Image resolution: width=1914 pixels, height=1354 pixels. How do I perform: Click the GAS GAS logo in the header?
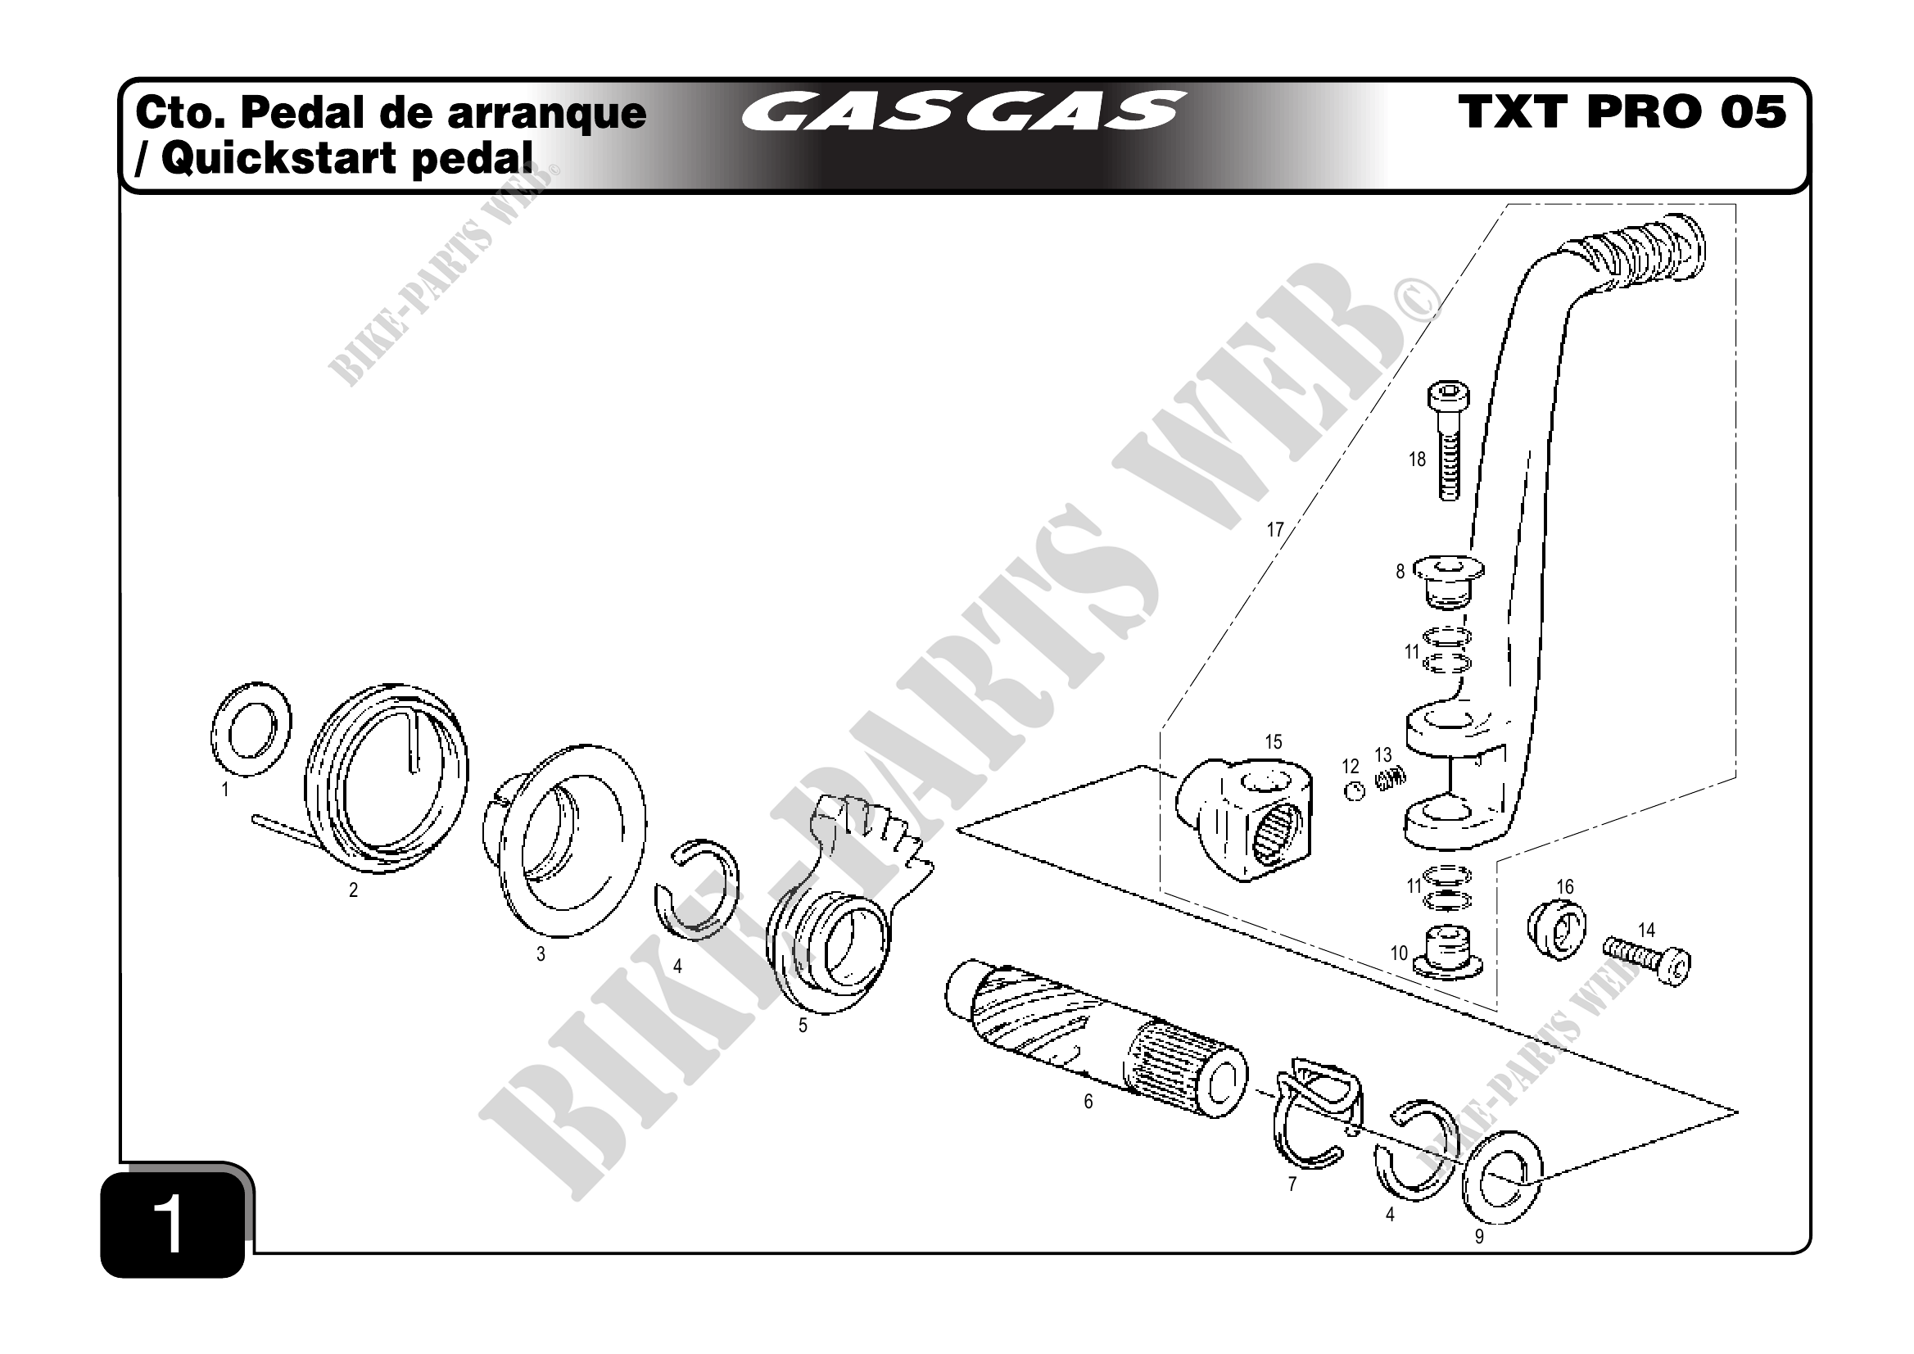(963, 111)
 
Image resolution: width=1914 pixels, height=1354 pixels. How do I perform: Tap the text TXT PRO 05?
(1622, 111)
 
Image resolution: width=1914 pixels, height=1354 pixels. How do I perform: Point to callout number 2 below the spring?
(354, 890)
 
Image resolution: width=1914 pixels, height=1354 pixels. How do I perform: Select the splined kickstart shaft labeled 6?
(1092, 1042)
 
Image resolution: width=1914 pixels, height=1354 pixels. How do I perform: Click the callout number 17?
(1275, 529)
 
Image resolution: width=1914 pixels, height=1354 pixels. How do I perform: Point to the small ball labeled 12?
(1355, 791)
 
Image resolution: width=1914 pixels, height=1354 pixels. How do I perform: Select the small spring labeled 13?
(1390, 779)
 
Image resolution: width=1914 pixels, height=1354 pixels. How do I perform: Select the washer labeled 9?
(1502, 1177)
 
